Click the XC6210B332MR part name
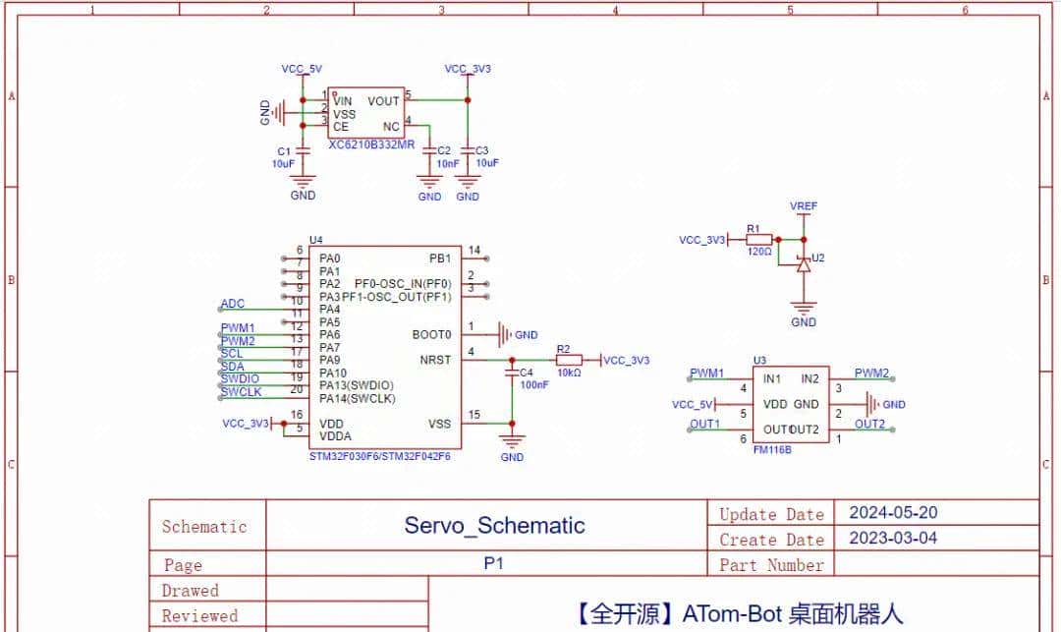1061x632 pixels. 371,144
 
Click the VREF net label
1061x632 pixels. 804,206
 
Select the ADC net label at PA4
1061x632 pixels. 233,305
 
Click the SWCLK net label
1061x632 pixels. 241,392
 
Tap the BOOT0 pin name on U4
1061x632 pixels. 432,334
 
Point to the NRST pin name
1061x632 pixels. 434,360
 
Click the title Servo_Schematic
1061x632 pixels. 494,526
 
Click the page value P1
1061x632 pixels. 494,564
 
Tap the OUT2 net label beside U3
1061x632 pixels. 869,424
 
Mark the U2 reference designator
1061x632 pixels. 818,258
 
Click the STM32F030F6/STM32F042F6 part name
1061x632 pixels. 379,457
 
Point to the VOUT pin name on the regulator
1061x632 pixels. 383,101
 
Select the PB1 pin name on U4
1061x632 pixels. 439,259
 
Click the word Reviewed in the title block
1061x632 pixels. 199,616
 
